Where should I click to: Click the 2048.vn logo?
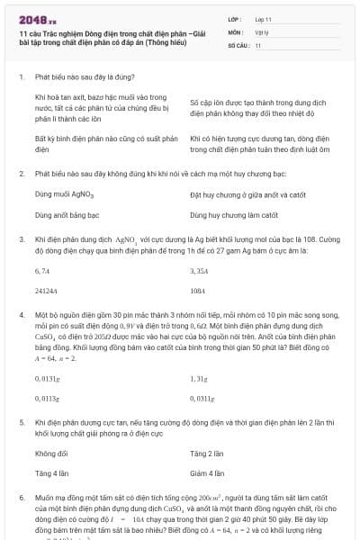[37, 18]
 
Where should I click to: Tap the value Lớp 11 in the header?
[264, 18]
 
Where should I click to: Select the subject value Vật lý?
[262, 31]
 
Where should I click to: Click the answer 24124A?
[46, 292]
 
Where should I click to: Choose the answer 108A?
[198, 292]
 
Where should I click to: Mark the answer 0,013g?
[47, 379]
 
